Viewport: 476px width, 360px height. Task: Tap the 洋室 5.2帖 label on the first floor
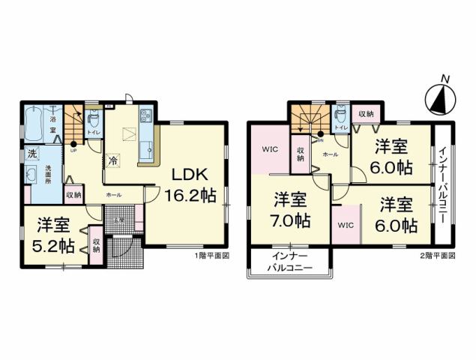click(53, 235)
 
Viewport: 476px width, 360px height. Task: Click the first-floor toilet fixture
click(93, 119)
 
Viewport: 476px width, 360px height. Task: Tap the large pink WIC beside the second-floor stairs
click(271, 149)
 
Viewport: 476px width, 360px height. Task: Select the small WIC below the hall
click(346, 224)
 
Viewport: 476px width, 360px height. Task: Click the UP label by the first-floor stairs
click(73, 149)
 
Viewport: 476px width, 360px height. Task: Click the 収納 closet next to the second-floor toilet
click(367, 113)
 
